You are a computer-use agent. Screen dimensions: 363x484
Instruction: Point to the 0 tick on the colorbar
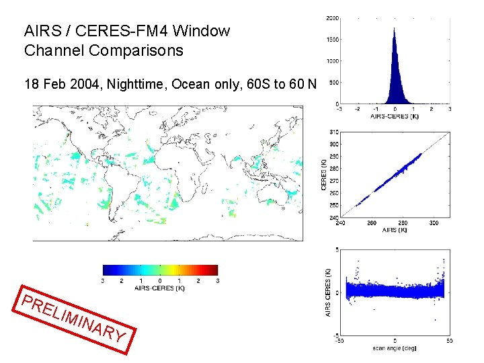click(159, 280)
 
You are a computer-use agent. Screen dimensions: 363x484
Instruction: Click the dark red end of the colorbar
click(214, 270)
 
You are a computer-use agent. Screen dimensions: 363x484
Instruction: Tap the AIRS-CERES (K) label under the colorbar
click(160, 288)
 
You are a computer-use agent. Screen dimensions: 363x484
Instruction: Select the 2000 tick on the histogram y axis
click(332, 18)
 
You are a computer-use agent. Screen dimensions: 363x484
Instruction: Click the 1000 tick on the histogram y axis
click(332, 61)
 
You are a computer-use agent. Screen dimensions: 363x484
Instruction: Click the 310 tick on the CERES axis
click(333, 132)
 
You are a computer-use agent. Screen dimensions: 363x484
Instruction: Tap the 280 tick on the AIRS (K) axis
click(402, 224)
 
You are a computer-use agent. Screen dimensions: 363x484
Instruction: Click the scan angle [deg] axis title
click(395, 348)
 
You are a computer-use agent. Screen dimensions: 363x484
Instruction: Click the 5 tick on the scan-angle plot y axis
click(336, 250)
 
